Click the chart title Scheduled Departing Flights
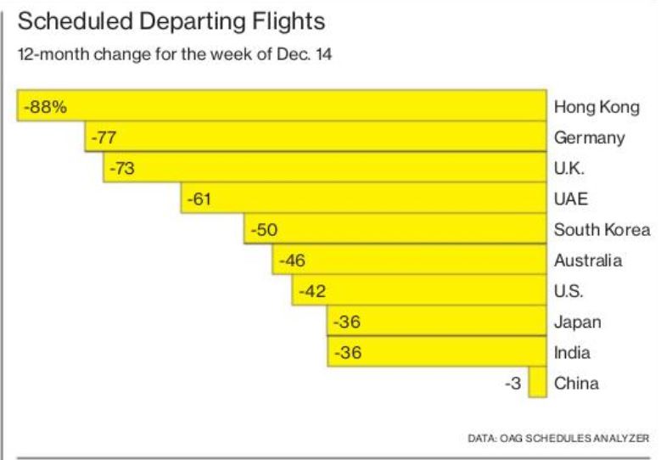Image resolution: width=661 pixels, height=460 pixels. (171, 21)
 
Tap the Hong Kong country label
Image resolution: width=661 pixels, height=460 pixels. (596, 107)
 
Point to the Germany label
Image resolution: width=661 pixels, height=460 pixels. (589, 137)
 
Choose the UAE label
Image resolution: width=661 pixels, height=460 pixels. (570, 199)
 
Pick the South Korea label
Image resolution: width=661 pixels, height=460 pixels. (602, 229)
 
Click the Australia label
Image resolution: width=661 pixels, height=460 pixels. (588, 260)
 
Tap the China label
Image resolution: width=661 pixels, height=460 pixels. (576, 383)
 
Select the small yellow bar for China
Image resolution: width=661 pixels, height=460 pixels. (537, 383)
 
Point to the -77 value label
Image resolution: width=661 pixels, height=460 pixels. (103, 137)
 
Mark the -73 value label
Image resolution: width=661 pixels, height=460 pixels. (122, 168)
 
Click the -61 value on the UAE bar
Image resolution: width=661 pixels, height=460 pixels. (199, 199)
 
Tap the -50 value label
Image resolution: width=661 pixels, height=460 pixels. (262, 229)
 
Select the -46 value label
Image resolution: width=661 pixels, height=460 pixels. (291, 260)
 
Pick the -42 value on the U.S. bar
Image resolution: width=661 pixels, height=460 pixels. (311, 291)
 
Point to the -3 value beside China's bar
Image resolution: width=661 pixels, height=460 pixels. (513, 383)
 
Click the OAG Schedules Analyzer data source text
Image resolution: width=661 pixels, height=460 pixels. (558, 438)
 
